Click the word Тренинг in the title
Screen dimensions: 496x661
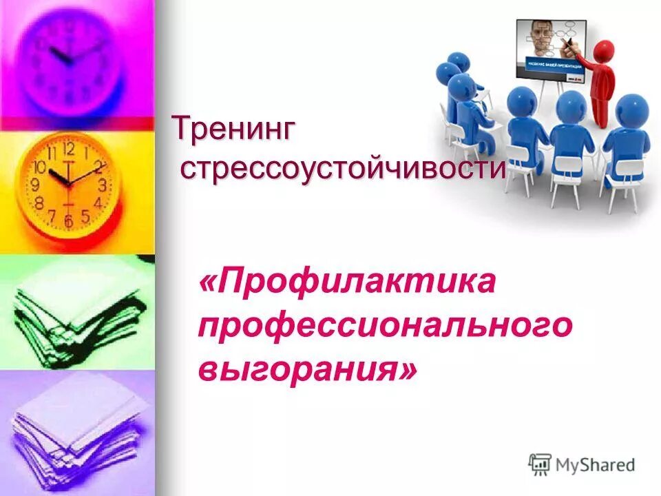tap(234, 129)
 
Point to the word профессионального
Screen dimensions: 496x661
tap(385, 326)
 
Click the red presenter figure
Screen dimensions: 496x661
tap(600, 86)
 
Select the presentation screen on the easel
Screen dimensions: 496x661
tap(551, 50)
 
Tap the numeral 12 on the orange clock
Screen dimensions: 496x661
tap(68, 148)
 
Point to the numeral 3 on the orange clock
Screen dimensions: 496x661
tap(103, 184)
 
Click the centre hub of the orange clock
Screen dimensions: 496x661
tap(68, 183)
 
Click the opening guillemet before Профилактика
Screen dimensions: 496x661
tap(207, 283)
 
